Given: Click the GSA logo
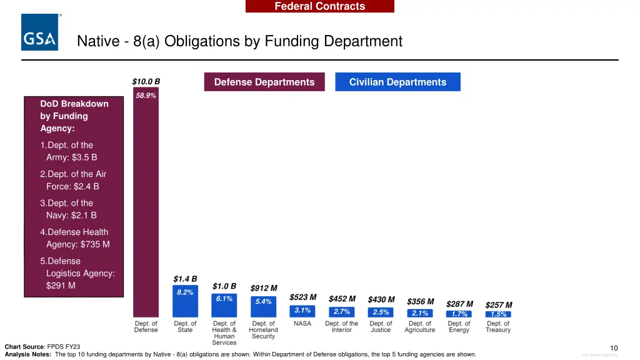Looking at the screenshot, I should tap(41, 32).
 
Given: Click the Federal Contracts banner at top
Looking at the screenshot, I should tap(319, 6).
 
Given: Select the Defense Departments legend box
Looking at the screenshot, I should tap(264, 82).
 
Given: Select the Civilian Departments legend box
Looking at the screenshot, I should tap(397, 82).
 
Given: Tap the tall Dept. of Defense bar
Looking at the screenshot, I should tap(146, 206).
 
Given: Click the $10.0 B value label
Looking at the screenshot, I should tap(146, 81).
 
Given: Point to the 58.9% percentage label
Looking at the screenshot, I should tap(146, 96).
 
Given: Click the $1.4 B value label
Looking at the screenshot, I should tap(185, 279).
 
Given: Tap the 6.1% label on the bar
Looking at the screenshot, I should tap(224, 299).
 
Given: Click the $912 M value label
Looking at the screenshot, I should tap(264, 288).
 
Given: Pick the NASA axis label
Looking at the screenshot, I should tap(302, 324).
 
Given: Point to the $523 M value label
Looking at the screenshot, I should tap(303, 297).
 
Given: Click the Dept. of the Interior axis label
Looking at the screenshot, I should tap(342, 327).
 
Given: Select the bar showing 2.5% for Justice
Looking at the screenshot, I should tap(381, 312).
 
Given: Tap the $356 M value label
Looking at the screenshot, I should tap(420, 301).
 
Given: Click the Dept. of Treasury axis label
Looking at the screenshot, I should tap(498, 327).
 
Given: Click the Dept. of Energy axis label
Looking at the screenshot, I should tap(459, 327).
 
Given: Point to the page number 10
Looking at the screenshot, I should tap(614, 348).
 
